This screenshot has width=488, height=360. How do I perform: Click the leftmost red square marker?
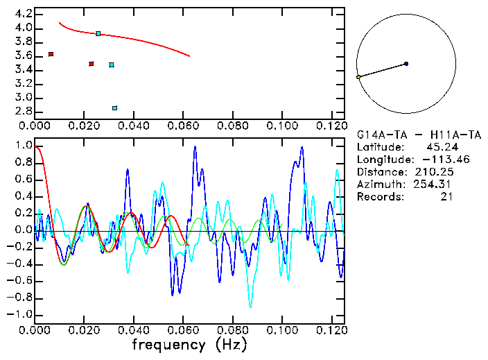(51, 54)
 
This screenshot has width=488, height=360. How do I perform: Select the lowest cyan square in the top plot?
(115, 108)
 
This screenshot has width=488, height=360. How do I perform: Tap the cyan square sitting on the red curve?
(98, 33)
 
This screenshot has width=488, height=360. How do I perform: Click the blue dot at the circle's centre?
(406, 64)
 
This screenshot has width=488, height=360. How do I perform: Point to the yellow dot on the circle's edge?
(358, 77)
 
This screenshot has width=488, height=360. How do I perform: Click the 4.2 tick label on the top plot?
(23, 14)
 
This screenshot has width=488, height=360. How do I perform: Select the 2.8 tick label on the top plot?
(23, 111)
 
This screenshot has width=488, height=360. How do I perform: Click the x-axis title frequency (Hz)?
(189, 344)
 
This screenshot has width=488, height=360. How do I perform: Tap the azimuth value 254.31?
(435, 185)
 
